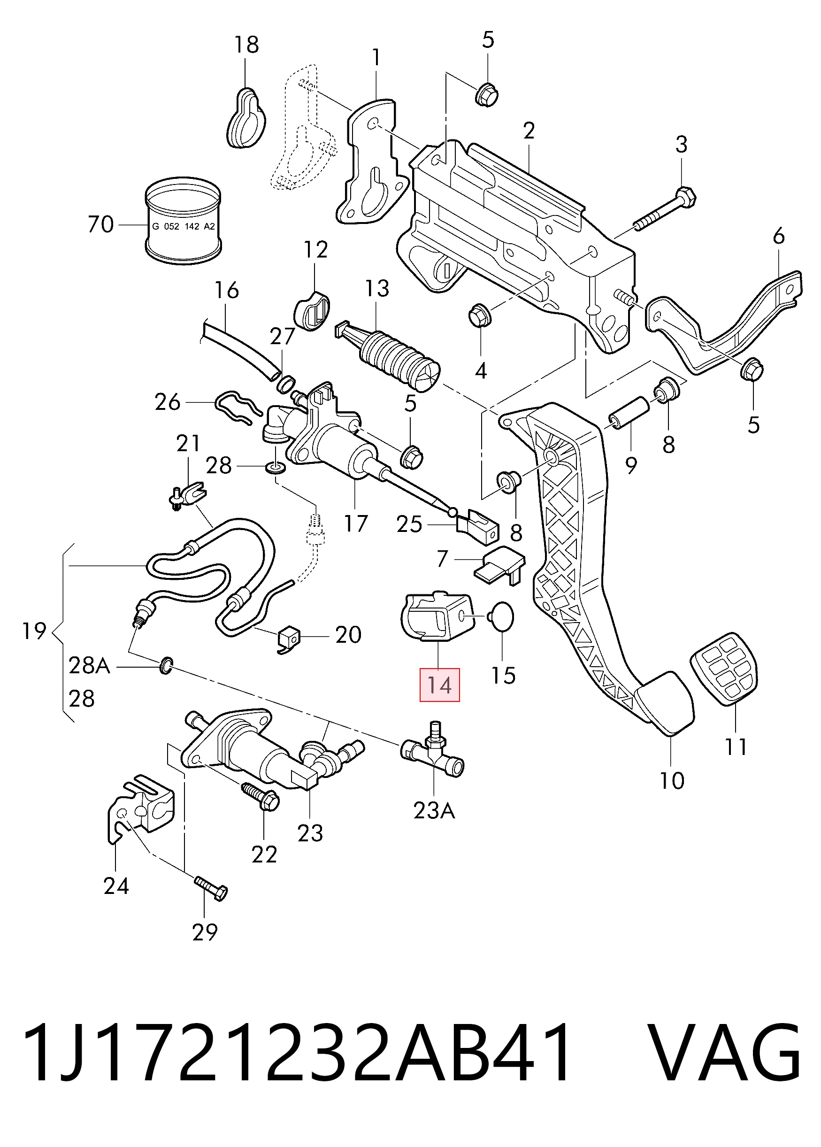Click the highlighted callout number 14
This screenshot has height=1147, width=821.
coord(439,685)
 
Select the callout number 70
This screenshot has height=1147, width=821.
coord(100,224)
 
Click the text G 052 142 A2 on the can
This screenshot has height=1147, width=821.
coord(184,226)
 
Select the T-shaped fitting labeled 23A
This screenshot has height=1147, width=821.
coord(433,752)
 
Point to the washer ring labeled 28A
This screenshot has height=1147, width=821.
coord(166,666)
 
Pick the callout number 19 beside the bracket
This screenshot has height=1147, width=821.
coord(34,631)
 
